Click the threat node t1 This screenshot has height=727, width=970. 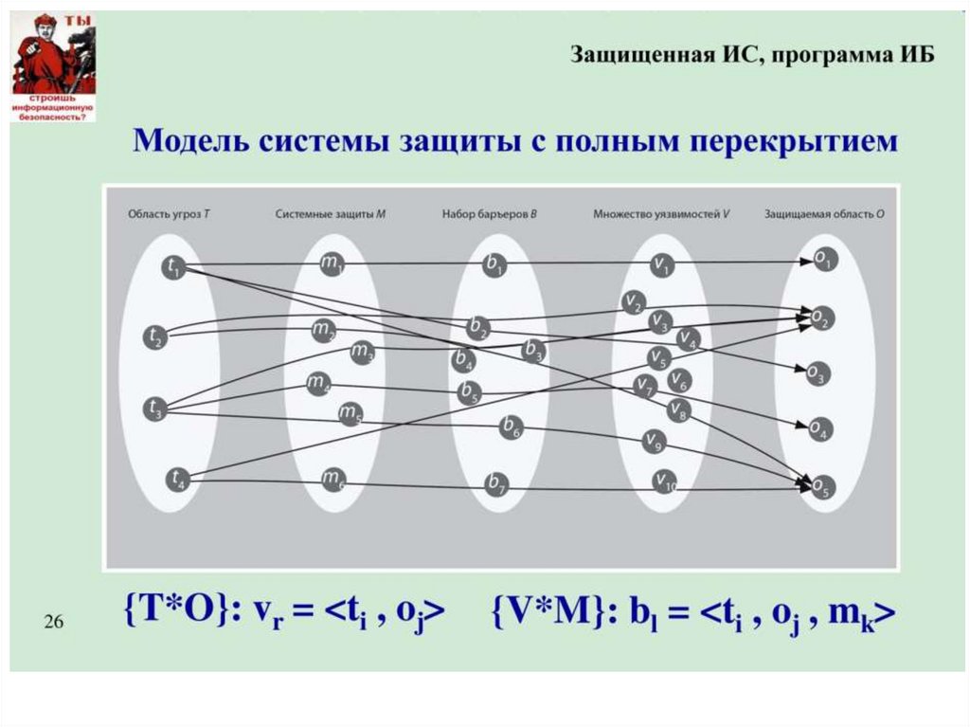pos(173,267)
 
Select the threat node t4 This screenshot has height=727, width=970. pos(177,480)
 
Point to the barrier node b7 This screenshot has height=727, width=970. pos(496,483)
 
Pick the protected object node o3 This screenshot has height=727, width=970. pos(817,373)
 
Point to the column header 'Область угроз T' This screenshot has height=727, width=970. pos(169,214)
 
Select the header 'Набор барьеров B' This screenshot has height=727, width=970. pos(489,214)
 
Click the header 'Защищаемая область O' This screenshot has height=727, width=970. pos(823,214)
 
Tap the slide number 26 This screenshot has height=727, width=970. pos(53,623)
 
